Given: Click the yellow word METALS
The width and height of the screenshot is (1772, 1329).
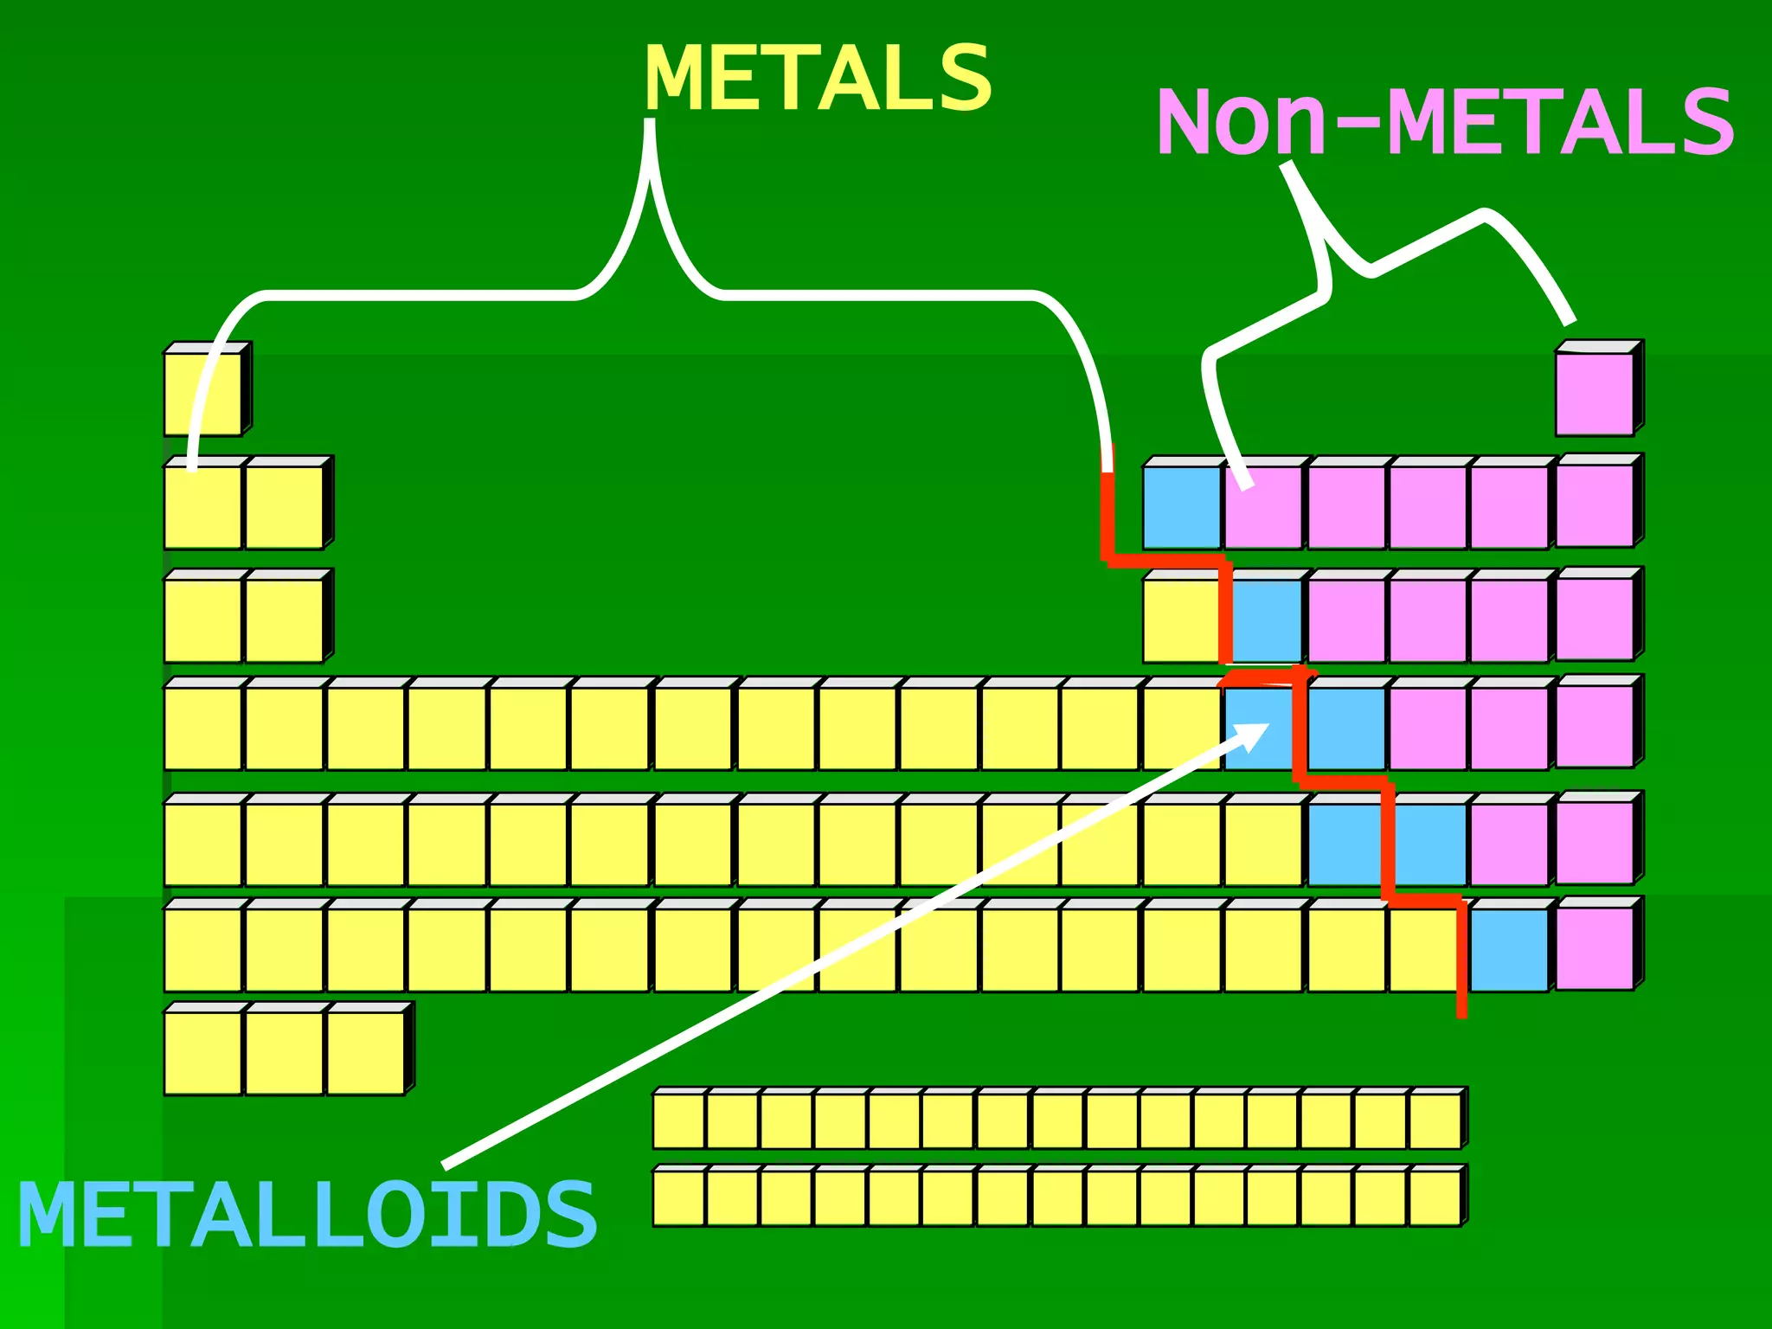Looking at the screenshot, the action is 818,79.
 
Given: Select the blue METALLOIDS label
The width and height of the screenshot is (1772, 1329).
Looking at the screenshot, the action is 307,1216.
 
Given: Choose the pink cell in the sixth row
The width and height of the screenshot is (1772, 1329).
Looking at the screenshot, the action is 1594,947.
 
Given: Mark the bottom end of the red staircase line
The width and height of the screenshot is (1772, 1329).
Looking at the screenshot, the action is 1461,1014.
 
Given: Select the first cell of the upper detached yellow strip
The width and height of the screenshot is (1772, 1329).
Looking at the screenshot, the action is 679,1121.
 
